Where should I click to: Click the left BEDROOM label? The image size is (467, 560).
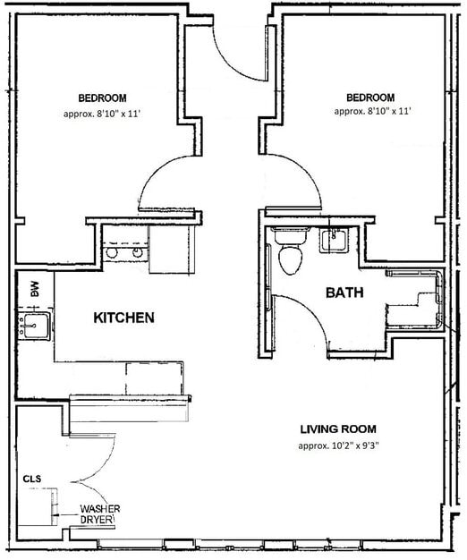(101, 98)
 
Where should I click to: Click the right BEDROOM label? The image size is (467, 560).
(369, 98)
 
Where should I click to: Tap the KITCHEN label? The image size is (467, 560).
(124, 318)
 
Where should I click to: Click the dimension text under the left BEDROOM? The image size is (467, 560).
(101, 114)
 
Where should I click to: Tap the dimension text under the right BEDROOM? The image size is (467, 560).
(369, 113)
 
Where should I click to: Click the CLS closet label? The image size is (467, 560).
(32, 479)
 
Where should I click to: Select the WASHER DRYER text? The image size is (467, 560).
(99, 514)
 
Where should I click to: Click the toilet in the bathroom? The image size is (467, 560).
(290, 253)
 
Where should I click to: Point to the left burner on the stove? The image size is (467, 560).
(112, 253)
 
